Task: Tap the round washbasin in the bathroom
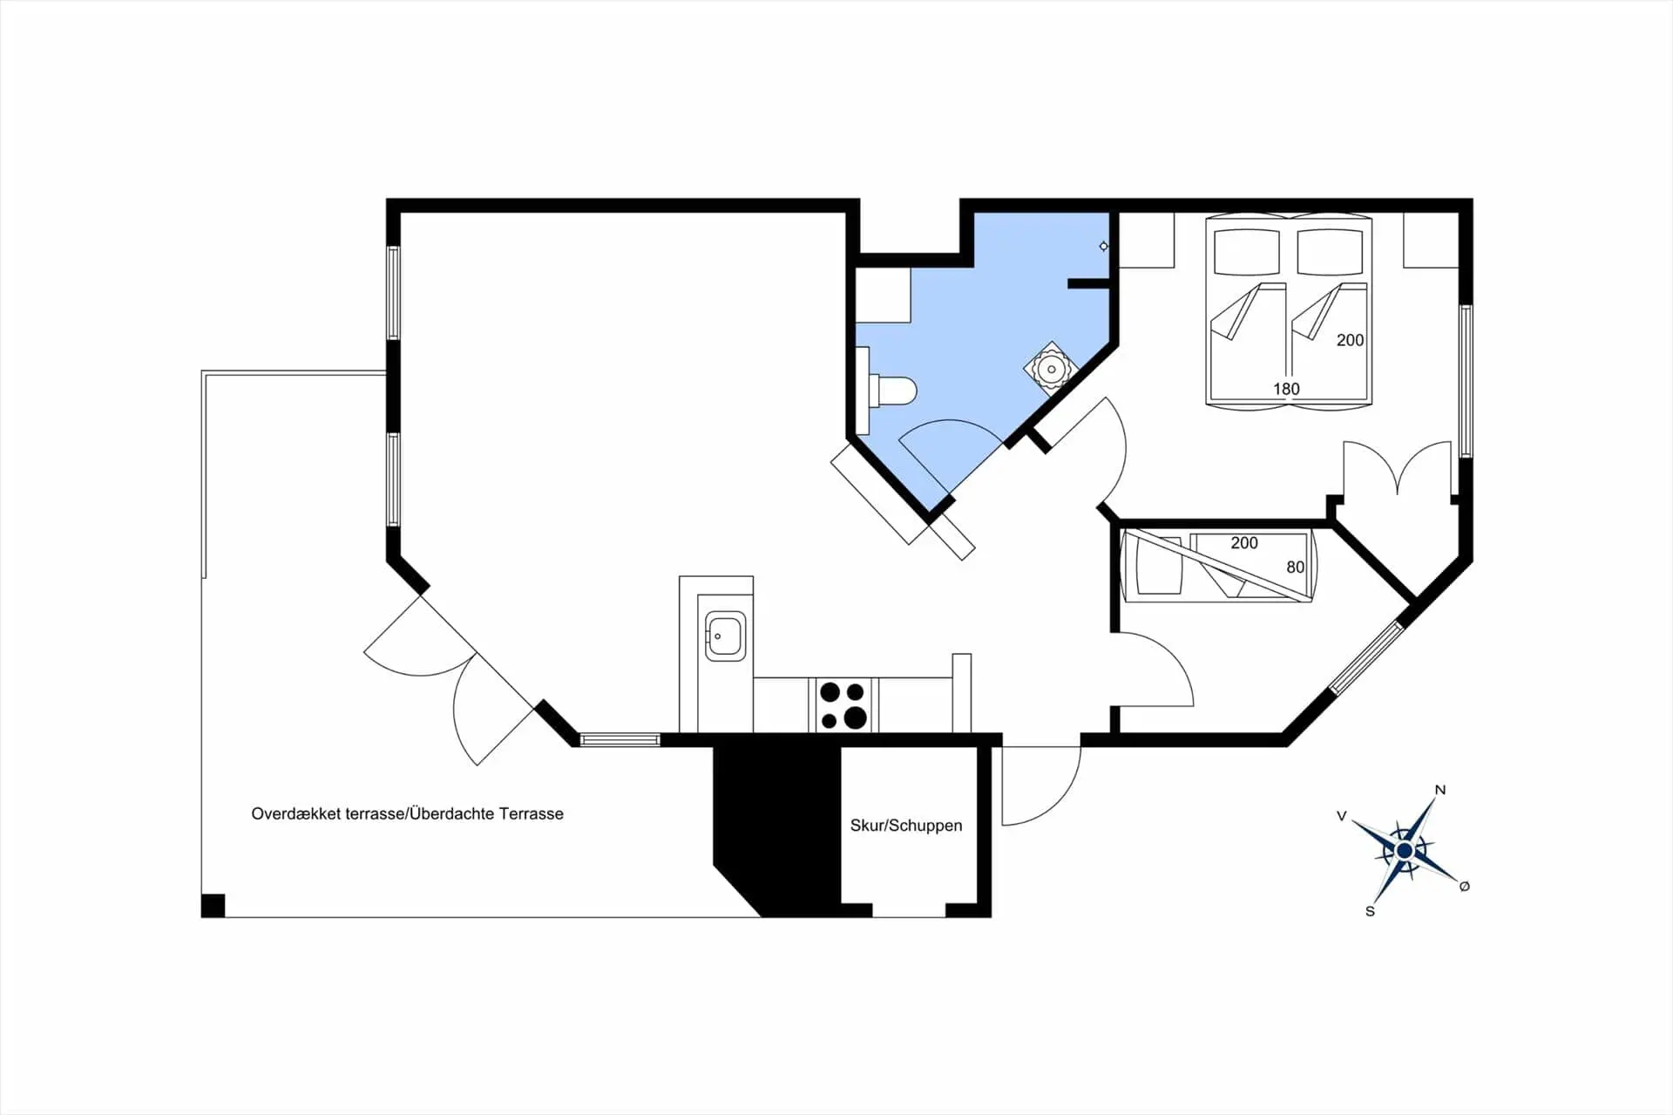click(1052, 370)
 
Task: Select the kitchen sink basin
click(725, 636)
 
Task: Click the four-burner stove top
click(843, 705)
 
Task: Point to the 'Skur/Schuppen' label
click(906, 826)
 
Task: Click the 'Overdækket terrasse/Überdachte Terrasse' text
click(407, 814)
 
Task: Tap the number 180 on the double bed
click(1286, 389)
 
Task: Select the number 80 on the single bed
click(1296, 568)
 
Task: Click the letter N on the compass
click(1440, 790)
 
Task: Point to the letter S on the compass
click(1370, 911)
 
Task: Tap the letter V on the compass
click(1342, 816)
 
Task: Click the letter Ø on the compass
click(1465, 886)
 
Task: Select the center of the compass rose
click(1404, 850)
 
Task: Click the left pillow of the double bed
click(1247, 252)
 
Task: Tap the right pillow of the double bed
click(1330, 252)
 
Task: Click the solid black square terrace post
click(213, 906)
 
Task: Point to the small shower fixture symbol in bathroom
click(1104, 247)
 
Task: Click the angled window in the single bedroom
click(1366, 657)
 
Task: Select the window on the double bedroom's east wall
click(1466, 381)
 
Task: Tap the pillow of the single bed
click(1158, 565)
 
